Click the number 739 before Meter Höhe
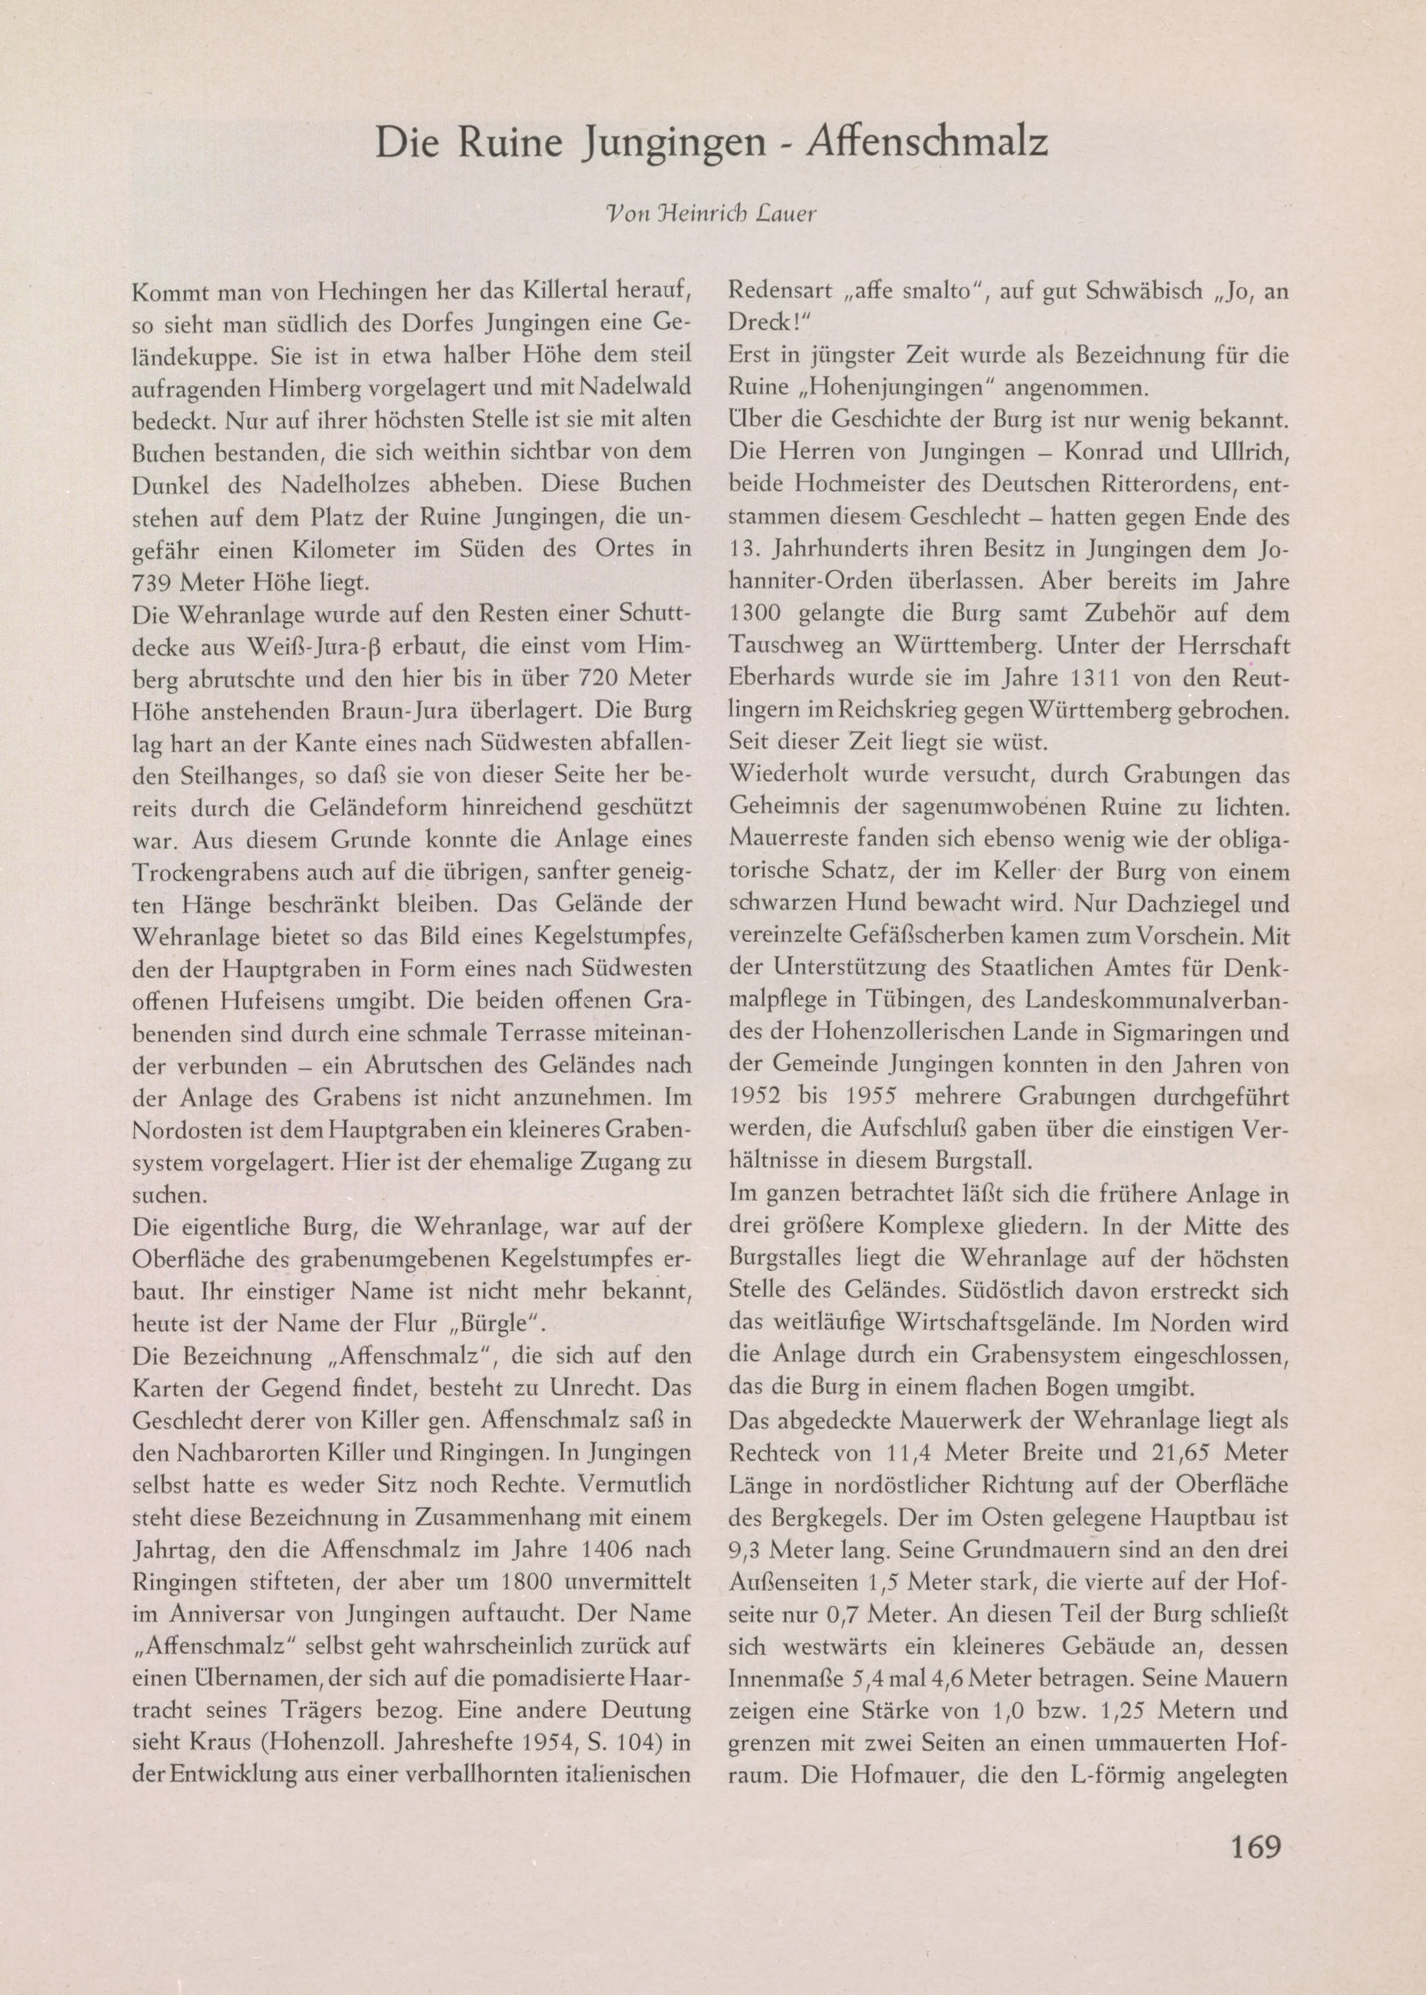coord(153,582)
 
